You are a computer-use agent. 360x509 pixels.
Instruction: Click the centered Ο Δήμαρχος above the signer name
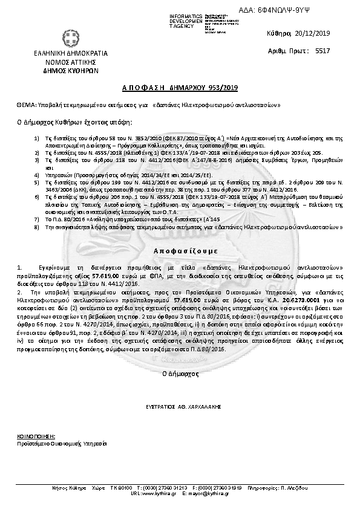click(x=180, y=375)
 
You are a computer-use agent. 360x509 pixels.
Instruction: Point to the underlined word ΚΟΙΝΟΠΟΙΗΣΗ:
click(x=36, y=435)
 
